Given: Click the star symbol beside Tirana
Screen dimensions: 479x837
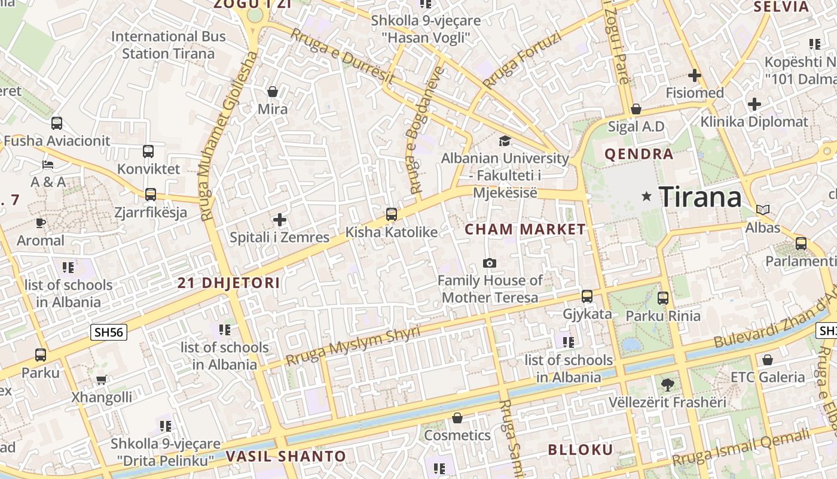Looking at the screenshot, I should pyautogui.click(x=646, y=196).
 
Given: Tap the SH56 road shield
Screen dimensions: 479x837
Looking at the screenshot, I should pyautogui.click(x=109, y=332).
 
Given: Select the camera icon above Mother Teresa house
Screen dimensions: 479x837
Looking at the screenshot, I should pyautogui.click(x=490, y=263).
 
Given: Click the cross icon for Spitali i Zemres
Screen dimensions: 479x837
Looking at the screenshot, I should pyautogui.click(x=280, y=220).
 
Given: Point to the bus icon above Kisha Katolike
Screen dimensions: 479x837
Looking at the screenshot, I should pyautogui.click(x=392, y=214).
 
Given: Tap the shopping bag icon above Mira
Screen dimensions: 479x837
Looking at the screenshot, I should pyautogui.click(x=273, y=92).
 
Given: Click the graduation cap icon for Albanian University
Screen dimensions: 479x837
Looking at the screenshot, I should pyautogui.click(x=505, y=141).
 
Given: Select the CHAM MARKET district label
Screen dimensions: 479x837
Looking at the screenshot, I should pyautogui.click(x=526, y=229).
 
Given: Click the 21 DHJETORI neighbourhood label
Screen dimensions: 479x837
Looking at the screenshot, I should pyautogui.click(x=228, y=283).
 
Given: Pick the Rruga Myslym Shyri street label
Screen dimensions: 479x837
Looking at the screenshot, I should pyautogui.click(x=353, y=346).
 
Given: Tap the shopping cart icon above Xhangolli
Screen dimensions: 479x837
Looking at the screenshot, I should pyautogui.click(x=102, y=380).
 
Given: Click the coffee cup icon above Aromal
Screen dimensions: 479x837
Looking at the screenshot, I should pyautogui.click(x=40, y=223).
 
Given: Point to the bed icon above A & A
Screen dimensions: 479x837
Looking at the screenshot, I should pyautogui.click(x=48, y=164).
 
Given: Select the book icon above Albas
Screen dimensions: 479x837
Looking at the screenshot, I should pyautogui.click(x=762, y=210).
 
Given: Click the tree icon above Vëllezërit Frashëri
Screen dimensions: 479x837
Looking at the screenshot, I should pyautogui.click(x=667, y=384).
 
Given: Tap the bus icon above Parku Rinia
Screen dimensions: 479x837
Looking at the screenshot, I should pyautogui.click(x=662, y=298).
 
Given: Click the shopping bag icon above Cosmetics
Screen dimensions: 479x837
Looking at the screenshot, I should pyautogui.click(x=457, y=417).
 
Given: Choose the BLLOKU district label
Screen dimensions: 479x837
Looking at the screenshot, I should pyautogui.click(x=581, y=450).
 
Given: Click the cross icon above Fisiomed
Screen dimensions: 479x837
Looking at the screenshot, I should pyautogui.click(x=694, y=75).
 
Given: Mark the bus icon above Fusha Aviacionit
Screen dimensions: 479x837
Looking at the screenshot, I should pyautogui.click(x=57, y=123).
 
